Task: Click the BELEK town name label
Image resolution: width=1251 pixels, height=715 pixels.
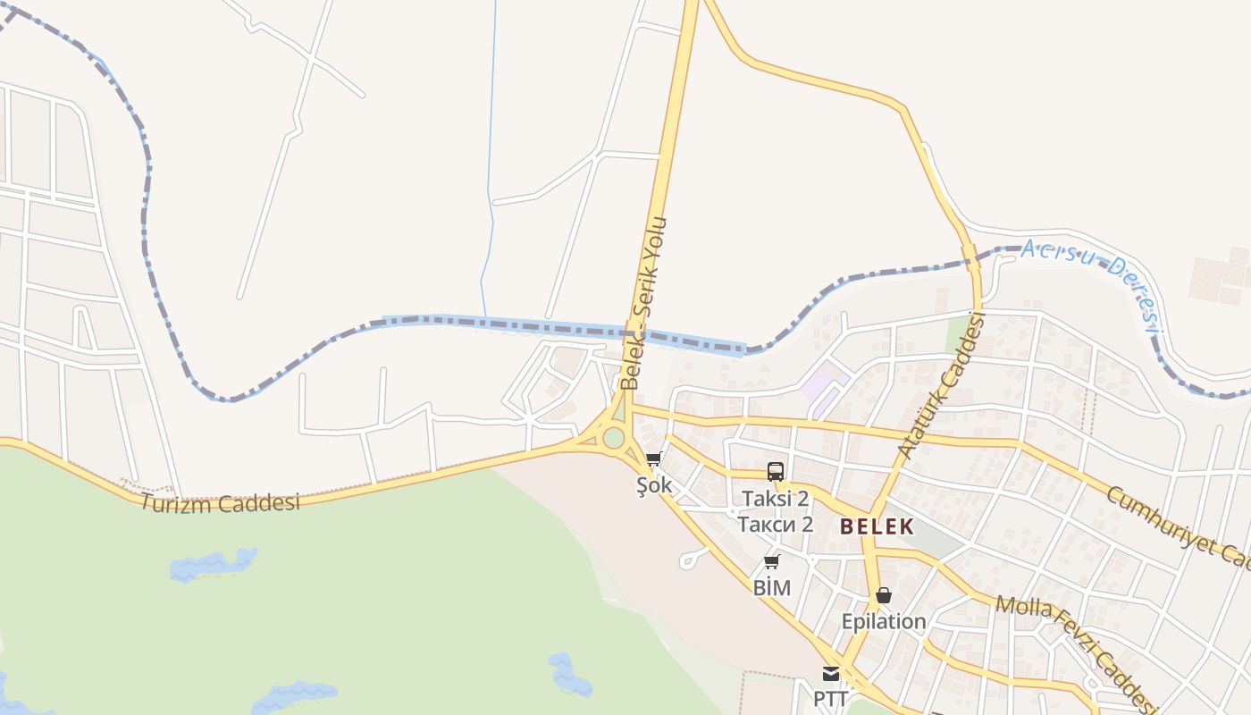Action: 877,526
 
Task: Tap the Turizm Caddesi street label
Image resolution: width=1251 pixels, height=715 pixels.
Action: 219,502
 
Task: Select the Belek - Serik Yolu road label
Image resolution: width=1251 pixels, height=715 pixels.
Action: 645,304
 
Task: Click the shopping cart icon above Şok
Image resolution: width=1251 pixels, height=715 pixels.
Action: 653,459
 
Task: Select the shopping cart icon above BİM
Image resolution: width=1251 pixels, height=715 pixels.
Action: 772,562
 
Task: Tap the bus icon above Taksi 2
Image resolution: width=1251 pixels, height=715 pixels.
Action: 776,472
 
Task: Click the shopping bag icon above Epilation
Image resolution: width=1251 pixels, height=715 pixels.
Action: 884,595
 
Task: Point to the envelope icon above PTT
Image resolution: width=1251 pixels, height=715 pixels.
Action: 831,674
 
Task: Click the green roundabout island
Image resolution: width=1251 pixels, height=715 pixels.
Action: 613,438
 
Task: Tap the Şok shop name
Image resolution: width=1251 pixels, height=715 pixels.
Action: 653,486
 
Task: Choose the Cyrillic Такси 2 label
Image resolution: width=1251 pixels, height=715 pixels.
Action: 775,524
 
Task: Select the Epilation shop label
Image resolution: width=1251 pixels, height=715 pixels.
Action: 883,621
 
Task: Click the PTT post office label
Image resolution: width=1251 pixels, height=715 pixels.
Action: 831,698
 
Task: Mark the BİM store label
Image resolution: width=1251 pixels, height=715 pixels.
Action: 772,587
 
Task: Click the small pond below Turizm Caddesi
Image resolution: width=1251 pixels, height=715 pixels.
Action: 213,564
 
